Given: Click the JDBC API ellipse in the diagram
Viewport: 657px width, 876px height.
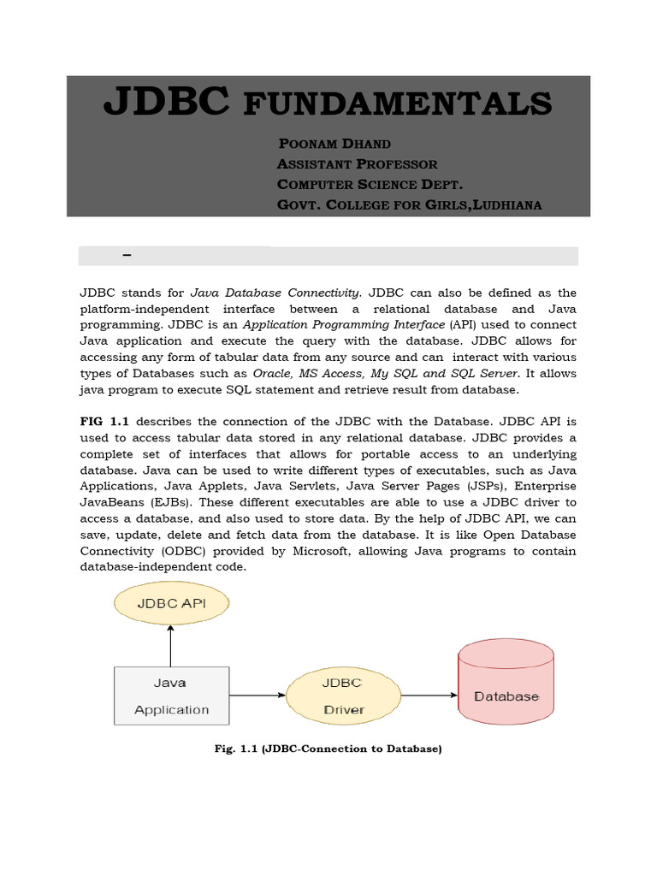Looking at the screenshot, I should (171, 604).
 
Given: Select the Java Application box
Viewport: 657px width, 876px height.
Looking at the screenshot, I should (171, 695).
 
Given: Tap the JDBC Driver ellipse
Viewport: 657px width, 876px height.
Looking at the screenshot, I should (343, 695).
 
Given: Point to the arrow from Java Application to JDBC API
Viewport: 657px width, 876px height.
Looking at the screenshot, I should (171, 646).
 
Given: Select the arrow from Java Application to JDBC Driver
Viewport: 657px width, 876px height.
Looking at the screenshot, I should (257, 695).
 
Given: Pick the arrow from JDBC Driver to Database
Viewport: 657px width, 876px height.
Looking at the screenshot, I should (429, 695).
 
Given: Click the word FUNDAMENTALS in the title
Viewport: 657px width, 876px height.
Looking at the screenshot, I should (398, 104).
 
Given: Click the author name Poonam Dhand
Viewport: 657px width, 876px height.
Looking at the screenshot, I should (334, 143).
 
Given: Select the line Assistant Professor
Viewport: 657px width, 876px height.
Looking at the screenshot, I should (357, 163).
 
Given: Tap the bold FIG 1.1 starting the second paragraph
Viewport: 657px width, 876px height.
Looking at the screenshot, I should (105, 421).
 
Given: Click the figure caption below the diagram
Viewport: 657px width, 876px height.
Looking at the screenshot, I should (327, 749).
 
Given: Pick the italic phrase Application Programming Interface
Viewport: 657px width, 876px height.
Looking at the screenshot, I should (344, 325).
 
